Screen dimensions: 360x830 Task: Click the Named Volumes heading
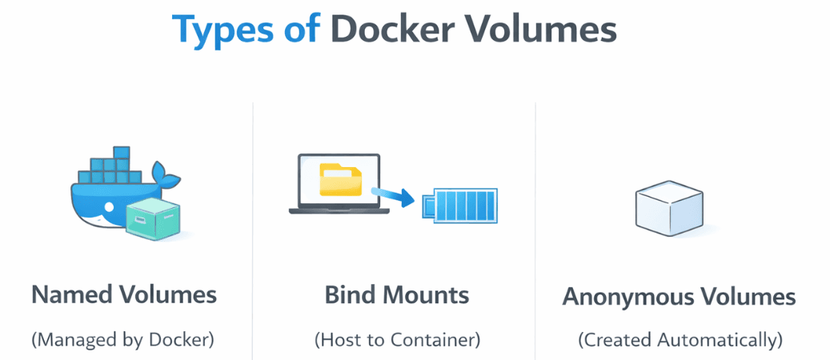point(124,294)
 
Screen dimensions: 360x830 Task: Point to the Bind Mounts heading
point(396,294)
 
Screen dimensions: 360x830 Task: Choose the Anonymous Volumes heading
point(679,297)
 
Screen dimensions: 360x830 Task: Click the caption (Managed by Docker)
point(123,339)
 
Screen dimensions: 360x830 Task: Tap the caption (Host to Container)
point(397,339)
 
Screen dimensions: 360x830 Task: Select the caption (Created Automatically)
point(680,339)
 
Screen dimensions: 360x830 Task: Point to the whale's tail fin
point(167,174)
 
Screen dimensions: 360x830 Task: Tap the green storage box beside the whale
point(153,218)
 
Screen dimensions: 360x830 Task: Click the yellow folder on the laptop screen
point(340,179)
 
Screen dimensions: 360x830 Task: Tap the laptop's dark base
point(339,210)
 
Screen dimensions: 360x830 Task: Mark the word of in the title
point(300,30)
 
